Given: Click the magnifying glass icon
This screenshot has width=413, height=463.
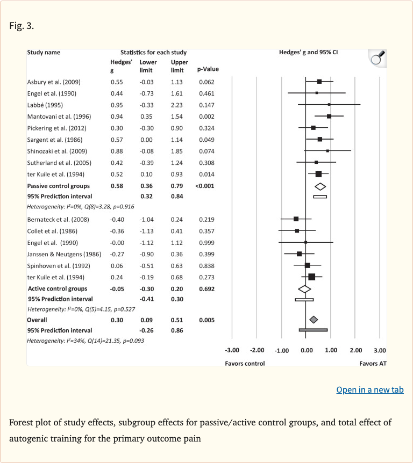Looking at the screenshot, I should tap(377, 58).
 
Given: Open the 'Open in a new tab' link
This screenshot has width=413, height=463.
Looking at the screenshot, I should tap(369, 390).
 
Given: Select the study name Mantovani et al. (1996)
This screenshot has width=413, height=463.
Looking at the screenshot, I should tap(59, 116).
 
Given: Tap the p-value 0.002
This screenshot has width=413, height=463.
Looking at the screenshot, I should tap(206, 116).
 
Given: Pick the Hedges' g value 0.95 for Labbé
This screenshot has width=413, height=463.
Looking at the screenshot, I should tap(117, 105).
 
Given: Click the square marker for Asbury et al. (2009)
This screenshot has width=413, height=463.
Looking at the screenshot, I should tap(319, 82).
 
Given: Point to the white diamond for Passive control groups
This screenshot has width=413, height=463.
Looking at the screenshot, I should tap(320, 186).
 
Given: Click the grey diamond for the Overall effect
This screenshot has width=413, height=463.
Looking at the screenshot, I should tap(314, 320).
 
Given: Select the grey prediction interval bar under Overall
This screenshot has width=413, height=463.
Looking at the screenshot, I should tap(313, 330).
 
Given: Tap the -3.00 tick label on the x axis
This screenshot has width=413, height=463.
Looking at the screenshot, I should tap(232, 350).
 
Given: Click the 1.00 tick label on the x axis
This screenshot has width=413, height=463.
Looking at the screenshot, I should tap(331, 350).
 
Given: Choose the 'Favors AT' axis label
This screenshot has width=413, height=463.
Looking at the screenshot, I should tap(373, 364).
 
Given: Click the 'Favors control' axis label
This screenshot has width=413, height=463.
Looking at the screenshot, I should tap(245, 364).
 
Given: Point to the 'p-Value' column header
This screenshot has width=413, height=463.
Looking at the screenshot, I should tap(208, 69).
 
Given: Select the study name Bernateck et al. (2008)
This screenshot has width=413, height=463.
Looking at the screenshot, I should tap(58, 219).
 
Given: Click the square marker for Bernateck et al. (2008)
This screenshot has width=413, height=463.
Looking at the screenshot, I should tap(296, 219).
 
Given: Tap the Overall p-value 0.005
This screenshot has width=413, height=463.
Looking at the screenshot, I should tap(206, 320).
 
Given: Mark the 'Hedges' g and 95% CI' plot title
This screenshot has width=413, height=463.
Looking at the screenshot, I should tap(308, 53).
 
